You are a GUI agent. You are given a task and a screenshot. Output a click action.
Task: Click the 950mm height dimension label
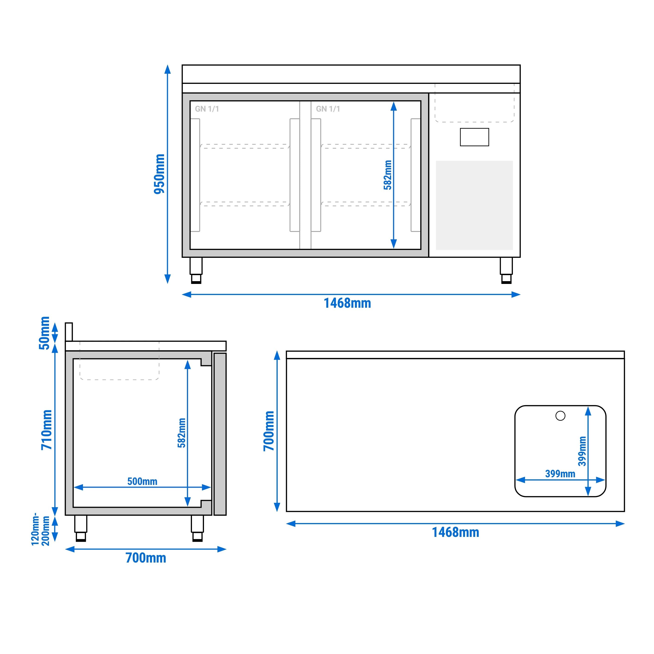[x=159, y=174]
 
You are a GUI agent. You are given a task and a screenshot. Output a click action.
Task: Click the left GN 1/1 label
[x=207, y=109]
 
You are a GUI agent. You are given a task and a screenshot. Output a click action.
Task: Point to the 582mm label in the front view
[x=388, y=175]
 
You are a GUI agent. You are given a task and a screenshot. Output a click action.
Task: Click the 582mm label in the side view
[x=182, y=433]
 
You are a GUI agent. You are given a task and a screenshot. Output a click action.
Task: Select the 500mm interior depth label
[x=142, y=481]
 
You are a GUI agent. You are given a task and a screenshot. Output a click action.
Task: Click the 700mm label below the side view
[x=146, y=558]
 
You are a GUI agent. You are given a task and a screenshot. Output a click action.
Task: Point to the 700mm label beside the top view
[x=269, y=431]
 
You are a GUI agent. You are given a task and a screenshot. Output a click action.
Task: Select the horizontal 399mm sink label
[x=560, y=474]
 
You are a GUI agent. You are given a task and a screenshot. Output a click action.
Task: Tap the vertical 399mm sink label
[x=582, y=451]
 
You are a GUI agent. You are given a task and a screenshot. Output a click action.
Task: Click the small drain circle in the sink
[x=561, y=416]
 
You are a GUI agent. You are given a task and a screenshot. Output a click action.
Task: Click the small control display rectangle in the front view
[x=474, y=137]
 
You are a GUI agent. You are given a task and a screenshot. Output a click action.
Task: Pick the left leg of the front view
[x=196, y=271]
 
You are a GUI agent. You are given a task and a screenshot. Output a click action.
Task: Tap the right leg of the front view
[x=506, y=271]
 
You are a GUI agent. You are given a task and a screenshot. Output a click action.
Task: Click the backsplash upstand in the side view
[x=69, y=332]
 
